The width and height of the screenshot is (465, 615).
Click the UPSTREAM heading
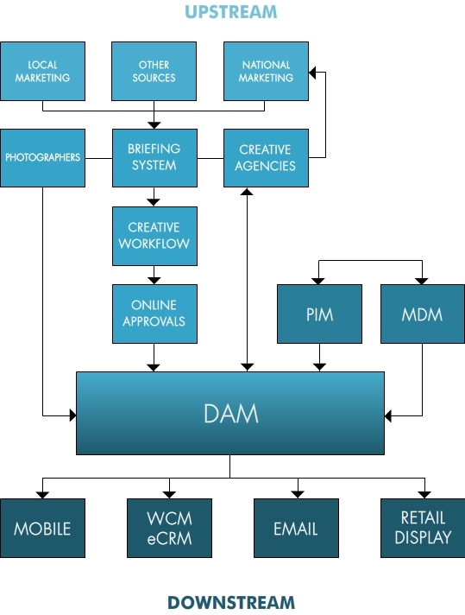230,12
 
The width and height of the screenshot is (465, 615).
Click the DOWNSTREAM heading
231,602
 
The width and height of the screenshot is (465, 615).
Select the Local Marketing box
42,71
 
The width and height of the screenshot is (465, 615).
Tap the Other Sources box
154,71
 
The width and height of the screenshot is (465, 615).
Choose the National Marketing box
266,71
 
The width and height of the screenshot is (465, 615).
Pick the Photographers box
42,158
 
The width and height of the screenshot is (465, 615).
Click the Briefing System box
154,158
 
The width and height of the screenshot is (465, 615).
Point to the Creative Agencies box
266,158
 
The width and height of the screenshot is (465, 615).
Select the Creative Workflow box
154,236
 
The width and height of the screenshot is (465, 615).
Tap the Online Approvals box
154,314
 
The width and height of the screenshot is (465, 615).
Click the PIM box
320,314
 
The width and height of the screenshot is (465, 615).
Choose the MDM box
423,314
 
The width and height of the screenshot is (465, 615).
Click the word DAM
231,414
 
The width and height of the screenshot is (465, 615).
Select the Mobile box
42,528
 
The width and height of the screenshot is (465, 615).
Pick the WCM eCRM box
169,528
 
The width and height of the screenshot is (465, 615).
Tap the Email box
296,528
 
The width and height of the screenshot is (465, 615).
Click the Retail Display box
423,528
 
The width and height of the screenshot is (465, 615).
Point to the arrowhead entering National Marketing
312,73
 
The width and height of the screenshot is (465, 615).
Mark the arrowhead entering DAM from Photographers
72,415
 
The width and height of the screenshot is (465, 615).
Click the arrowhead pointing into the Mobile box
42,495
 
